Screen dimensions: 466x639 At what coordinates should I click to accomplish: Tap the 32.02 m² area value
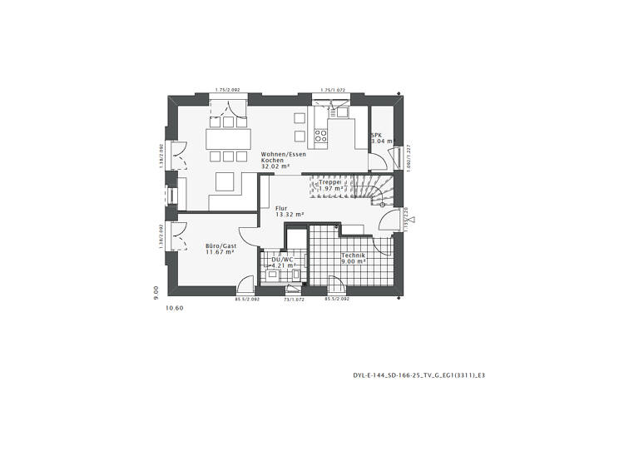(x=275, y=166)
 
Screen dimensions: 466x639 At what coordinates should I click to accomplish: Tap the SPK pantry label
(x=376, y=135)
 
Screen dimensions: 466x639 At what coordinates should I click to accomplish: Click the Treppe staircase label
(x=330, y=181)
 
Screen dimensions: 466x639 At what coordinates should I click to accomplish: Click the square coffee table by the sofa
(x=225, y=181)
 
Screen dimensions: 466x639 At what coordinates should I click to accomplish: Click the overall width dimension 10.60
(x=174, y=308)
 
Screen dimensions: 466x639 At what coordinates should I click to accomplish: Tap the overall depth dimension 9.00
(x=156, y=291)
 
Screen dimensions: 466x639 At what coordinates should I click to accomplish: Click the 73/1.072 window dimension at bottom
(x=295, y=299)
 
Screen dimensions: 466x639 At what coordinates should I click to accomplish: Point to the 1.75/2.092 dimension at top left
(x=225, y=89)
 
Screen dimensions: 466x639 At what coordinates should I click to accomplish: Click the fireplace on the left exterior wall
(x=172, y=195)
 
